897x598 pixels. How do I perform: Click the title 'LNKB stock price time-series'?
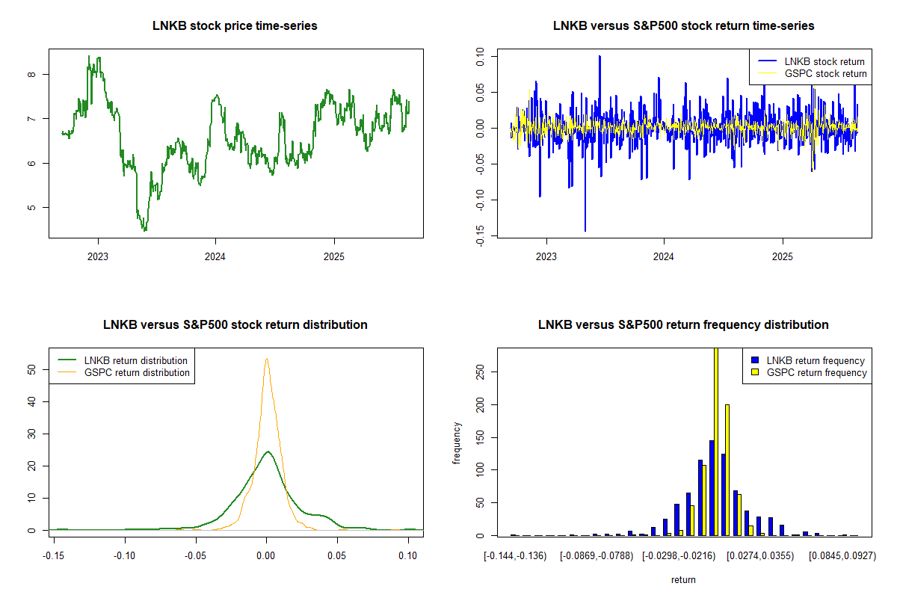point(235,26)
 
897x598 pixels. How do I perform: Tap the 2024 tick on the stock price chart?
point(215,255)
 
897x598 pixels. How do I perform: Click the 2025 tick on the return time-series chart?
point(782,255)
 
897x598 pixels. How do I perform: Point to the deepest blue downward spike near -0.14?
point(585,230)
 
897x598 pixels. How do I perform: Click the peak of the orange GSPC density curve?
point(266,359)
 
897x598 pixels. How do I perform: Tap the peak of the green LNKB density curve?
point(267,451)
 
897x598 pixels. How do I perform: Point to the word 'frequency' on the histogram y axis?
point(457,443)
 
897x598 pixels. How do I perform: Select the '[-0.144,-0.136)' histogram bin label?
point(515,556)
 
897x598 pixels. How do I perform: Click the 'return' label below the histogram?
point(683,579)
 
